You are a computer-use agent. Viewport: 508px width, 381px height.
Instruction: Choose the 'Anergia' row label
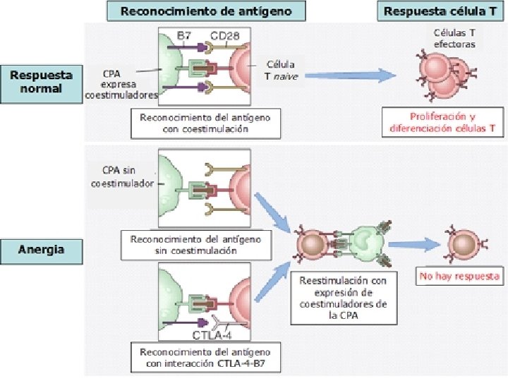coord(40,249)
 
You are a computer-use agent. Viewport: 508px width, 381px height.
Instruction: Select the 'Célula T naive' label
coord(281,70)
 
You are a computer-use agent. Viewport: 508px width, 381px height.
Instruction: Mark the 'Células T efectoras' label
coord(454,38)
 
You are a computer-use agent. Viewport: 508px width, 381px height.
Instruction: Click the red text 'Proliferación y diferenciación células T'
coord(443,123)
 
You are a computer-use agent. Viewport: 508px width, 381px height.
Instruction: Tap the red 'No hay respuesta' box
coord(459,276)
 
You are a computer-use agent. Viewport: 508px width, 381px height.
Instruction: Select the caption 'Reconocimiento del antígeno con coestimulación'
coord(204,123)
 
